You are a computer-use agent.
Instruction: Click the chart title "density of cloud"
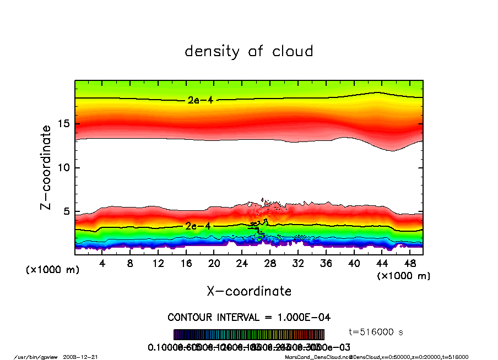click(249, 52)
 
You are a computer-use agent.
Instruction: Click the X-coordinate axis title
click(249, 291)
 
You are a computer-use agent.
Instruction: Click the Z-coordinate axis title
click(46, 167)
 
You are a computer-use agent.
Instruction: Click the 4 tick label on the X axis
click(102, 264)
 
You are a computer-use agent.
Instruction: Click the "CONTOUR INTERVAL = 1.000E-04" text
click(249, 318)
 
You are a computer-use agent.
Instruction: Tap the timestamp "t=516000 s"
click(377, 332)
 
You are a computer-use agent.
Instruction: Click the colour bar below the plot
click(249, 335)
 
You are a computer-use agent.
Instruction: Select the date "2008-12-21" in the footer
click(85, 357)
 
